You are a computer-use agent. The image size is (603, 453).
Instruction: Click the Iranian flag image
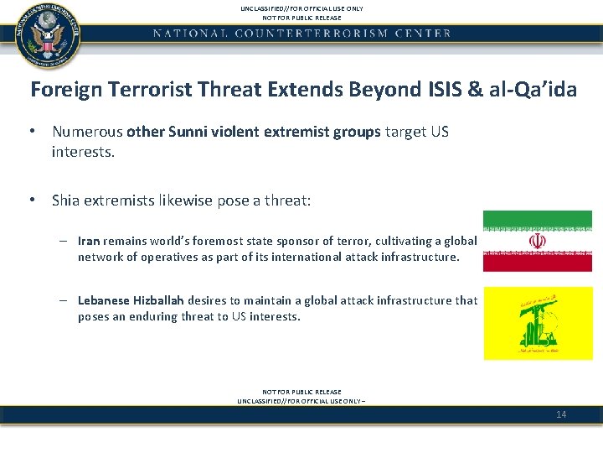(537, 242)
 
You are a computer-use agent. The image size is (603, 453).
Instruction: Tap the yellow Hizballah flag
(537, 323)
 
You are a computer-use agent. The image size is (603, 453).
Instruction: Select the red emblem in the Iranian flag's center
(537, 242)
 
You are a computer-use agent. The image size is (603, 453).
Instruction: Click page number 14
(561, 414)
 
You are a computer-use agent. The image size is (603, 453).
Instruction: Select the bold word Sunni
(189, 132)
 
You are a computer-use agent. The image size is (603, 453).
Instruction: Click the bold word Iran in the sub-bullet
(89, 241)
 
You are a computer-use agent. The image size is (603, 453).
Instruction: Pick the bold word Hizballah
(158, 300)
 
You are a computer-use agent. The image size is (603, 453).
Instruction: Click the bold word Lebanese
(103, 300)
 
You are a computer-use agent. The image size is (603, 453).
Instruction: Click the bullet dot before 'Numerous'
(30, 132)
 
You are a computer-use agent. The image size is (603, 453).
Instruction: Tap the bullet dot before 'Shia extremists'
(30, 200)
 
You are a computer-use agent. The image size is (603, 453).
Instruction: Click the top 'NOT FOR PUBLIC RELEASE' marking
(301, 17)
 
